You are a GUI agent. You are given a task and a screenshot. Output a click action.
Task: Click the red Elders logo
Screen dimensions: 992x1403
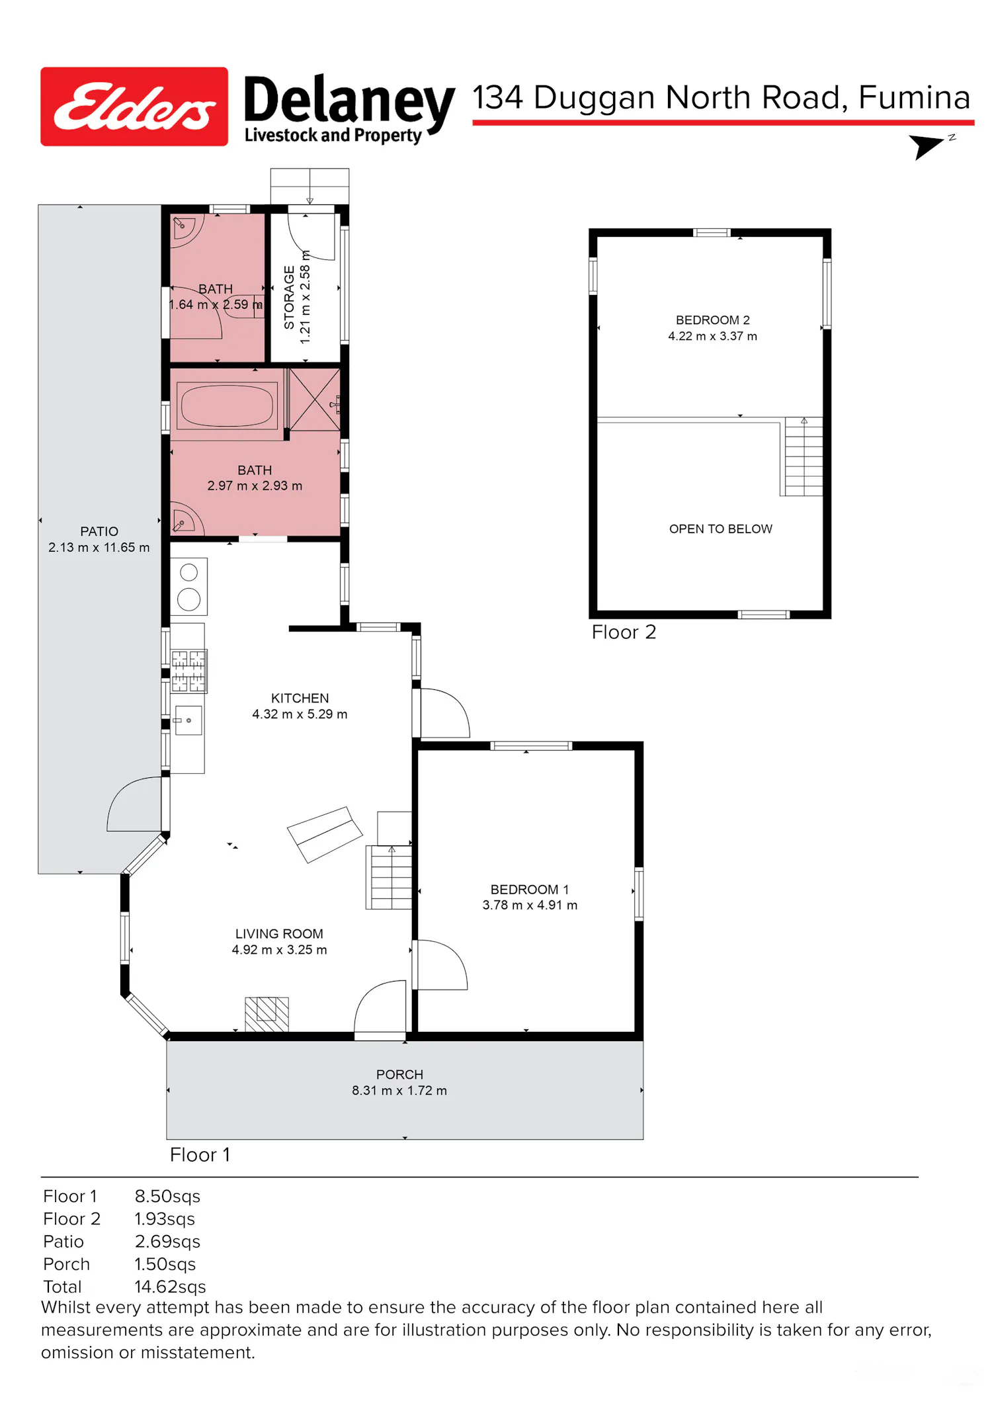[x=134, y=106]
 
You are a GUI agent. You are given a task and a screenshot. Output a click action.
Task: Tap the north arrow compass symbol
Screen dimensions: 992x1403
[x=931, y=146]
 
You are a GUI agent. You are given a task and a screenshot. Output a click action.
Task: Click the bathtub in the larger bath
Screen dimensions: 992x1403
[x=227, y=405]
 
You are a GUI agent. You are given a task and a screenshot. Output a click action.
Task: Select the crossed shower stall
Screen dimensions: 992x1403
[x=315, y=400]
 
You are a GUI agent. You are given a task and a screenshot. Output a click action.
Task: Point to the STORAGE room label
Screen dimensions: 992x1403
[x=289, y=298]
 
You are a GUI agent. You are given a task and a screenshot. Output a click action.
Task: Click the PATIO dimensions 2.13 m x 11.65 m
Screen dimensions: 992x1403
[x=99, y=548]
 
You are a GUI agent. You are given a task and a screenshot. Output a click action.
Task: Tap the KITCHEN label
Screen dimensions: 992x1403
[x=300, y=699]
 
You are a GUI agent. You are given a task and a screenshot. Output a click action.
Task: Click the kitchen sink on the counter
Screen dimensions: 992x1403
[x=188, y=720]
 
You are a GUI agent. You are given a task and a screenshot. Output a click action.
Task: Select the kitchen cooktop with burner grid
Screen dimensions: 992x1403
[x=188, y=671]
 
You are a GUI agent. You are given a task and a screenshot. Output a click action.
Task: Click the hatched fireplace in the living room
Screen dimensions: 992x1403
[x=267, y=1014]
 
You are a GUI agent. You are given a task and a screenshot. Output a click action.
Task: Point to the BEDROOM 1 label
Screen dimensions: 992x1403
[x=530, y=890]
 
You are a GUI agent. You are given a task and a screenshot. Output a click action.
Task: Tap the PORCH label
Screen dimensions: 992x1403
[x=399, y=1075]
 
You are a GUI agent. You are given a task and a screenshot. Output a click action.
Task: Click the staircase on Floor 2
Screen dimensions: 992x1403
[x=802, y=456]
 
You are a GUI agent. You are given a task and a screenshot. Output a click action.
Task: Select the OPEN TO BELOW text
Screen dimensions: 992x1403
[x=721, y=529]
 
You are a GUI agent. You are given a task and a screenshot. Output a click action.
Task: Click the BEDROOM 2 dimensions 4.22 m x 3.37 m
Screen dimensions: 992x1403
[x=713, y=336]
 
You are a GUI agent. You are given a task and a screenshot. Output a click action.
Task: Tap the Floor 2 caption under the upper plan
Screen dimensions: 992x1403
[x=624, y=632]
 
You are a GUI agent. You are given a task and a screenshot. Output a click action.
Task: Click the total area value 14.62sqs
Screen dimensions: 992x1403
[x=170, y=1287]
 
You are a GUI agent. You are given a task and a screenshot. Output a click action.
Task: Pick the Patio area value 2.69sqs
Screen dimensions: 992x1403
[x=167, y=1242]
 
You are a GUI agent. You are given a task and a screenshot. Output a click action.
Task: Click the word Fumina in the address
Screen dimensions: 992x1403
[x=914, y=98]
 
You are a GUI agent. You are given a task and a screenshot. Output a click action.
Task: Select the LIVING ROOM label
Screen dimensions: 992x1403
[x=279, y=934]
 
